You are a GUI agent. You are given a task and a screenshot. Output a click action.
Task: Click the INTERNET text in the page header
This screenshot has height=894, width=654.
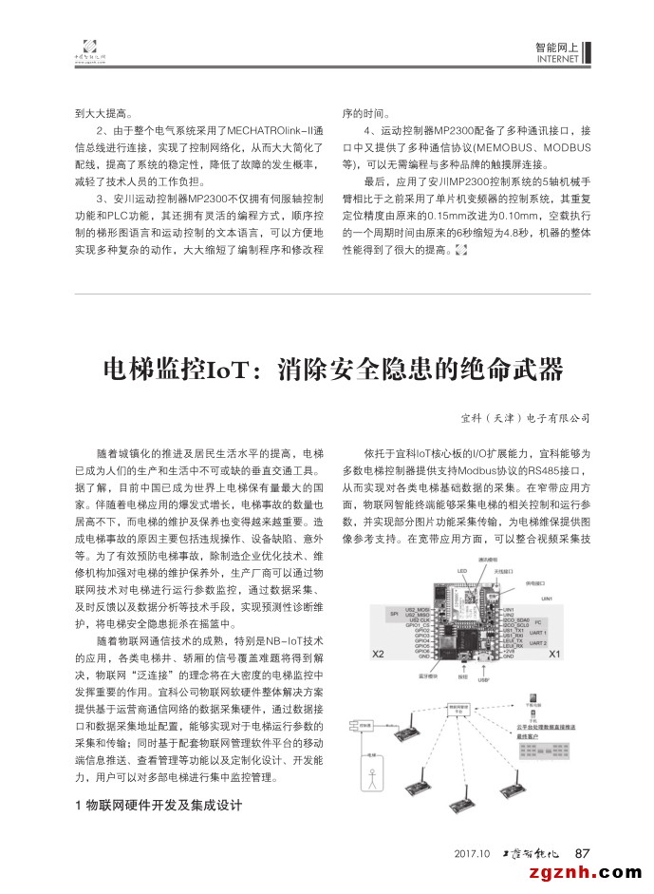point(557,59)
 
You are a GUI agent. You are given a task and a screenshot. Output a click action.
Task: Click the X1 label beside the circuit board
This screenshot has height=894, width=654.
point(555,654)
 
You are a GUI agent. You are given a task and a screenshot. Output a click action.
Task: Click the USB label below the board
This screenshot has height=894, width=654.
point(483,680)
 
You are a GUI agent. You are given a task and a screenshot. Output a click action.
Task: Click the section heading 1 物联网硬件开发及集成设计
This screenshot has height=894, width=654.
point(158,805)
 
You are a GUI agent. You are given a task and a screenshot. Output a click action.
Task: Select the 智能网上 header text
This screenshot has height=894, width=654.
point(557,46)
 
